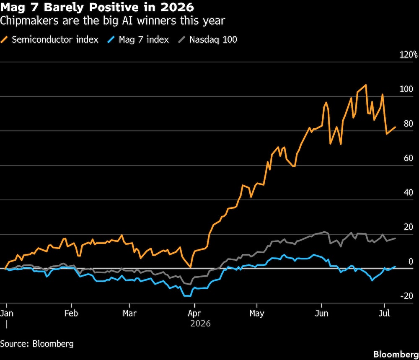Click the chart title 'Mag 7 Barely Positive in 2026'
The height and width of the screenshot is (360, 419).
coord(97,7)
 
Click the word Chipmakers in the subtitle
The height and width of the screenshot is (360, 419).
coord(29,21)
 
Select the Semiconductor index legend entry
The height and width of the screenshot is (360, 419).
coord(49,39)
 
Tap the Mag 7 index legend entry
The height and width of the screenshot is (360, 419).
coord(138,39)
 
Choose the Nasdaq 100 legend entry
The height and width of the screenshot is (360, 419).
coord(208,39)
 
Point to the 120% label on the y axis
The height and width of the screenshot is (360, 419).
coord(408,55)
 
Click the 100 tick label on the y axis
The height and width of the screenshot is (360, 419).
coord(406,89)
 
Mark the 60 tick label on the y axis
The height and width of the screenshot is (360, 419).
coord(409,158)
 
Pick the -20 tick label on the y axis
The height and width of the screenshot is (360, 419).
coord(407,296)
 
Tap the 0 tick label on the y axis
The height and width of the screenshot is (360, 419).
coord(411,262)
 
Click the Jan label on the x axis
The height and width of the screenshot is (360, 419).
coord(6,313)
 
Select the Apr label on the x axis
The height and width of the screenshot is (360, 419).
coord(194,313)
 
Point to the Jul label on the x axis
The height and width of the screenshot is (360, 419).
coord(384,313)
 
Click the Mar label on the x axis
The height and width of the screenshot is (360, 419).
coord(129,313)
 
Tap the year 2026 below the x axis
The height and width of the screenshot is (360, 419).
coord(200,324)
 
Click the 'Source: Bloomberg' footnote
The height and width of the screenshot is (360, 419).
coord(37,344)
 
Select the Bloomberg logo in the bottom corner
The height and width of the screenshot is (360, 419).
coord(396,355)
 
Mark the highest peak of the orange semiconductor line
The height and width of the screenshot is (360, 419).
coord(366,85)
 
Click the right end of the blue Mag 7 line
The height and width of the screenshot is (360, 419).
coord(395,267)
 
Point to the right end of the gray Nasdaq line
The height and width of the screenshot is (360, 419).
coord(395,238)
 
